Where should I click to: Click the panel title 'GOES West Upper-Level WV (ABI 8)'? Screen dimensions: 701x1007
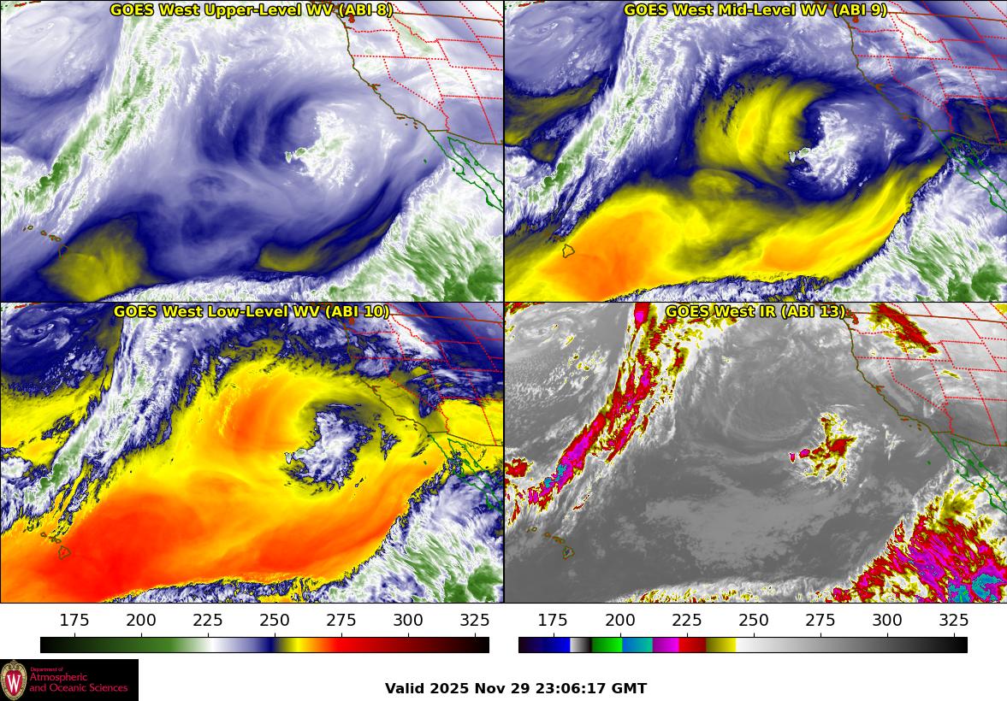(251, 10)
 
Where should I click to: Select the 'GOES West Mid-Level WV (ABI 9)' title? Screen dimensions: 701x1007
(755, 10)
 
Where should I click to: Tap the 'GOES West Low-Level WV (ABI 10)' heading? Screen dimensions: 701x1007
(251, 312)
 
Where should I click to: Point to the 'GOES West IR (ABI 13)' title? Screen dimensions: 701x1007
(755, 312)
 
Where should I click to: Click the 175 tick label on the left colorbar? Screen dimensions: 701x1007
(74, 621)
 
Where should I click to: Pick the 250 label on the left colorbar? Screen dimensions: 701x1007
(275, 621)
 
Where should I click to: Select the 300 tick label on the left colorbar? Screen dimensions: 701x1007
(408, 621)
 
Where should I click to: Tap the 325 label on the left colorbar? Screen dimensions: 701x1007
(475, 621)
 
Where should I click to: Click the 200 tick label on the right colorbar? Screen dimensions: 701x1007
(619, 621)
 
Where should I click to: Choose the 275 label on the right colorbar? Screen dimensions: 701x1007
(820, 621)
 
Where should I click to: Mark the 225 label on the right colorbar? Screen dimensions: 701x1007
(686, 621)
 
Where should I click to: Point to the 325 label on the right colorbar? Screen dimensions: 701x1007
(953, 621)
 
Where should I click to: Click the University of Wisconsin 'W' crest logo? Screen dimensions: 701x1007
(14, 680)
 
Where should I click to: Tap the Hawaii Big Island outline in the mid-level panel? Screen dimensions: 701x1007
(567, 251)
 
